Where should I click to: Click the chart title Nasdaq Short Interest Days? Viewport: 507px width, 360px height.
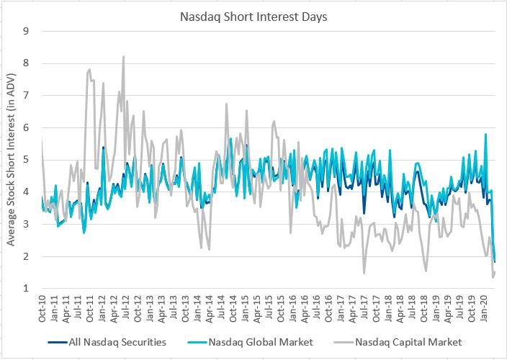253,16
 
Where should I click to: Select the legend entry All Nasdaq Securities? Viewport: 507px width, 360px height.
118,342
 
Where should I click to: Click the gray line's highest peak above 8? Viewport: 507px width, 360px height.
124,56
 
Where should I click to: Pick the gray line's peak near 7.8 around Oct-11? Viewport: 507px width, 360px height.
89,70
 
